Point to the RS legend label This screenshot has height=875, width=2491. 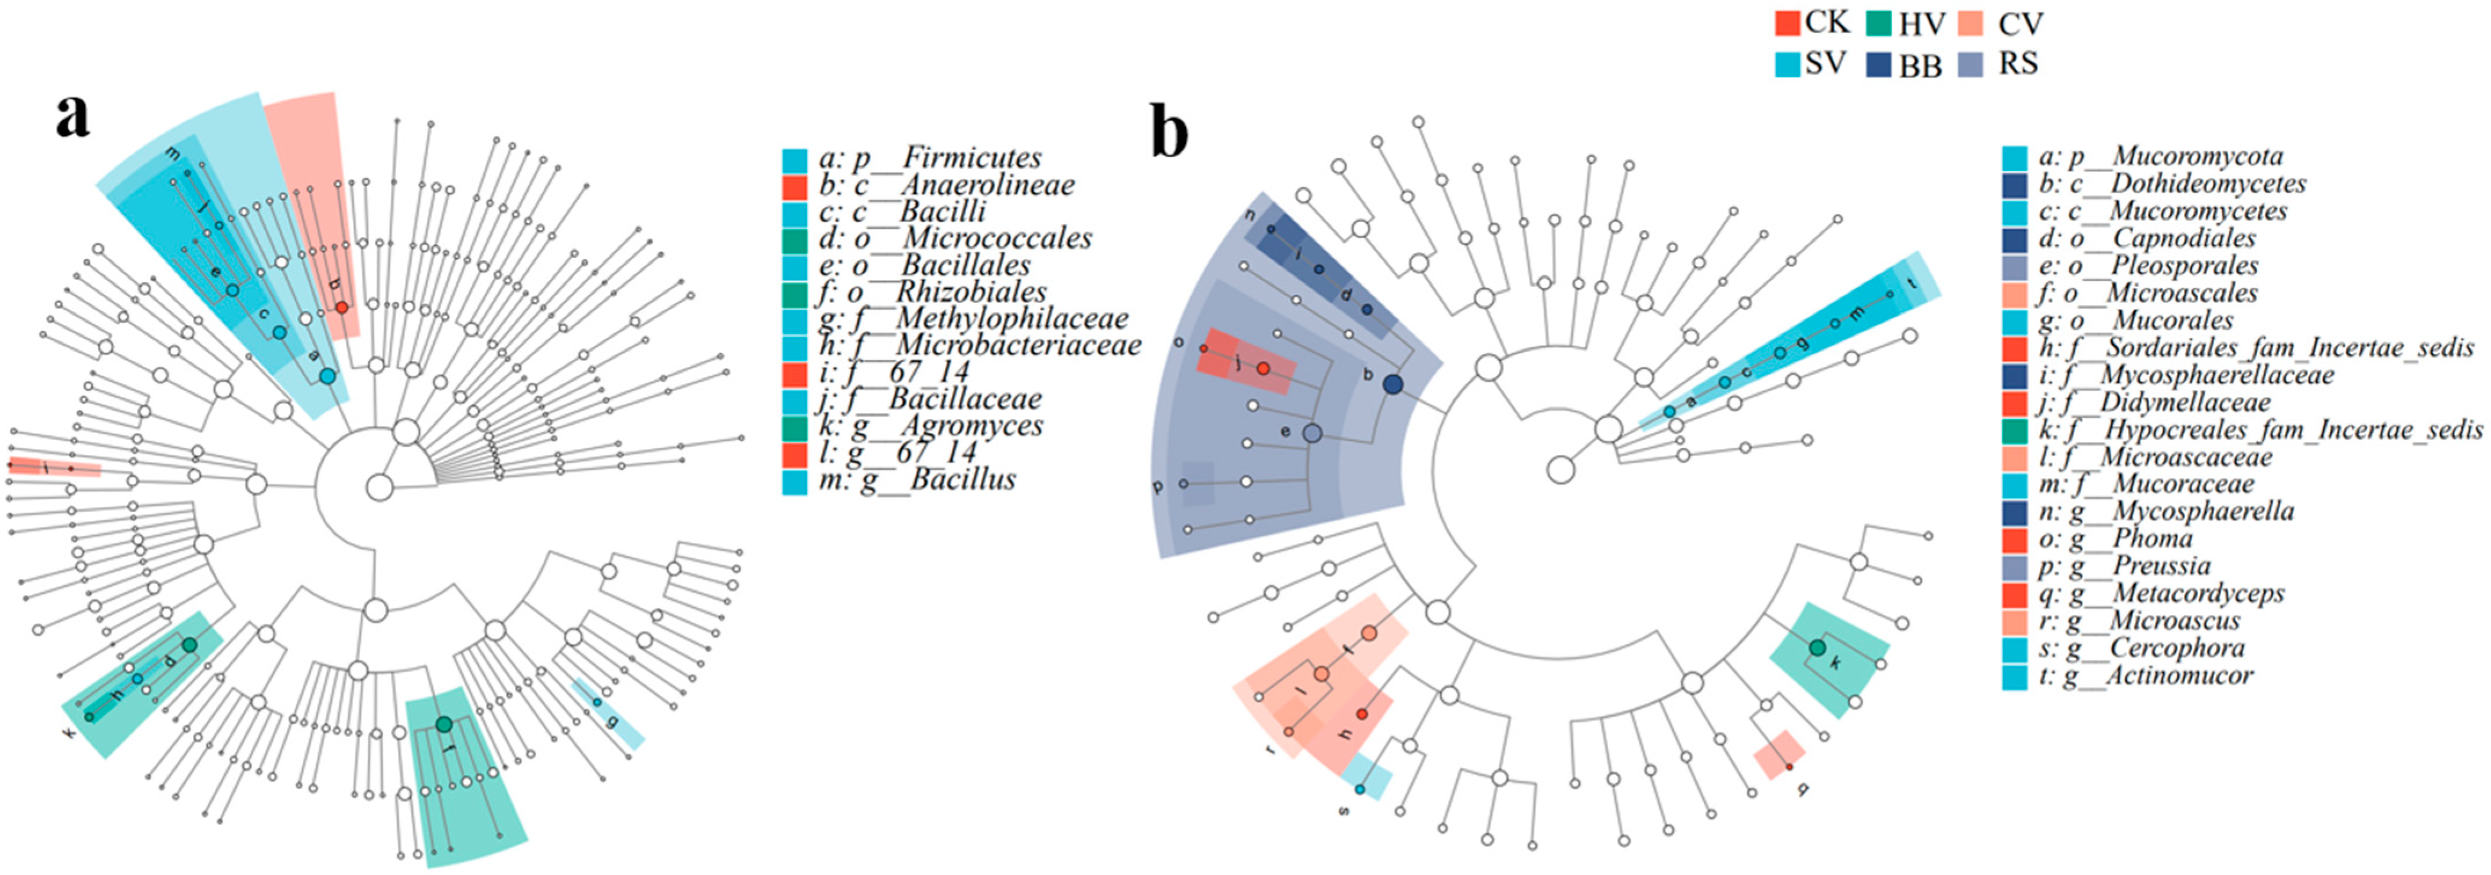[x=2018, y=64]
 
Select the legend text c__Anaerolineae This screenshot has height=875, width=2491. [x=962, y=185]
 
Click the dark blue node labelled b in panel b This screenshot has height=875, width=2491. [x=1393, y=384]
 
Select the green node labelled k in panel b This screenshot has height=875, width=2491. [x=1817, y=647]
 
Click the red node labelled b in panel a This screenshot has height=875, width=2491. [x=341, y=307]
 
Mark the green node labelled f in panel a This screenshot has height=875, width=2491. [x=444, y=724]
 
